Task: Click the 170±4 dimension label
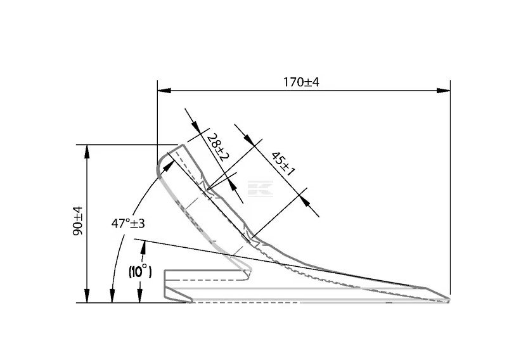pos(300,82)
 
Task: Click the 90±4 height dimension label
pos(78,221)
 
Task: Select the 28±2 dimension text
pos(218,147)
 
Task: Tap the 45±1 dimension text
pos(283,164)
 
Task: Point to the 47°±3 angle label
pos(128,223)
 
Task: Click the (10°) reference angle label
pos(140,271)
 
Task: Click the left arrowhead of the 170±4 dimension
pos(164,91)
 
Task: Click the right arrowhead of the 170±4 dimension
pos(444,91)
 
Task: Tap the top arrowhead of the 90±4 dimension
pos(87,151)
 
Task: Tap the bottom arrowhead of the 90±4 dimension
pos(87,296)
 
